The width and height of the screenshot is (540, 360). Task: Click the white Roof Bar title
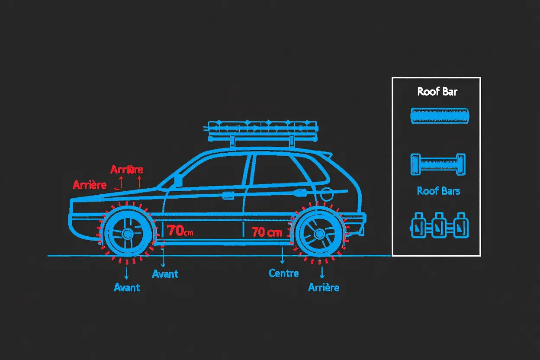(437, 92)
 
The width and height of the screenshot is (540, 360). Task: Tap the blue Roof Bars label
(438, 191)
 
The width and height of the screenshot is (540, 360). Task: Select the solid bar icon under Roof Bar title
(440, 116)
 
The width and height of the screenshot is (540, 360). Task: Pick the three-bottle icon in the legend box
(439, 225)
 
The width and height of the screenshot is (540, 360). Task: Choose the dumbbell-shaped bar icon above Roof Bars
(438, 164)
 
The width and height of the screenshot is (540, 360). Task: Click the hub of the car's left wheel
(127, 234)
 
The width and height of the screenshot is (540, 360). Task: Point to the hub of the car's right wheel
(319, 234)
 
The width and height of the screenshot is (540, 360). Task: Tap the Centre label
(283, 273)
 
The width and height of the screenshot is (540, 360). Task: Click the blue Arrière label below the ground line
(324, 287)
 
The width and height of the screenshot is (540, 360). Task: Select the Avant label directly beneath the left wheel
(126, 287)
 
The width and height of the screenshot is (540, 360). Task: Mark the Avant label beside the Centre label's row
(165, 274)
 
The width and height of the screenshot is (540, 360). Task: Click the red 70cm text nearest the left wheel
(180, 230)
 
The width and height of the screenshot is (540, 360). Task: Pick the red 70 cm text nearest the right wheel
(267, 232)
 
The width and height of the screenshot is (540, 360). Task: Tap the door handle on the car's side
(228, 196)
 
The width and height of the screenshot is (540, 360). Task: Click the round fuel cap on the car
(326, 194)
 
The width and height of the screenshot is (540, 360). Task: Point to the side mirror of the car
(178, 181)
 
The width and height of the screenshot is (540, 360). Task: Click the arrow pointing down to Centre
(282, 255)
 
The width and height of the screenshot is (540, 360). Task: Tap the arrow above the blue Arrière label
(322, 272)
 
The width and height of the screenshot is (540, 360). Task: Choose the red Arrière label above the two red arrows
(127, 169)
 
